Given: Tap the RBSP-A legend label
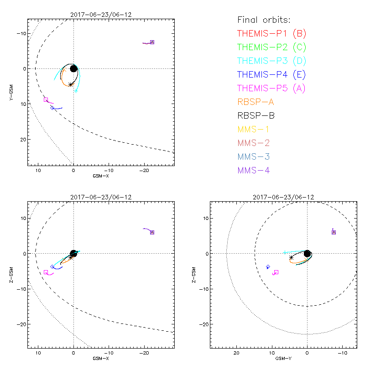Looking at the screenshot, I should coord(255,102).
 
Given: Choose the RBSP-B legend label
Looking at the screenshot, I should coord(255,115).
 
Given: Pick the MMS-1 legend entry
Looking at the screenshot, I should coord(254,129).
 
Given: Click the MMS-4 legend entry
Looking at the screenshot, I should coord(254,170).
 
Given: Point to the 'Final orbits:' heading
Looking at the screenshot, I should coord(264,20).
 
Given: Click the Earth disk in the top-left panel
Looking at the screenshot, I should coord(73,68).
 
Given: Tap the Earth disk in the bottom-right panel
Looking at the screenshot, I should coord(307,253).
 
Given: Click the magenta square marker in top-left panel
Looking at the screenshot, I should coord(46,99).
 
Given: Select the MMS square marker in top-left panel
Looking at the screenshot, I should coord(152,42).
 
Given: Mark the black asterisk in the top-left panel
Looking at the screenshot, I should coord(71,84).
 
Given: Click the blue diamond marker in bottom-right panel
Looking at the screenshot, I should coord(268,266).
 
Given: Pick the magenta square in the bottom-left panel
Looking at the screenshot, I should coord(46,272).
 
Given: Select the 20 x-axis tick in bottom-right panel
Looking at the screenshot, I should coord(236,354).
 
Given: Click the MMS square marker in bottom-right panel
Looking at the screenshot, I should coord(334,232).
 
